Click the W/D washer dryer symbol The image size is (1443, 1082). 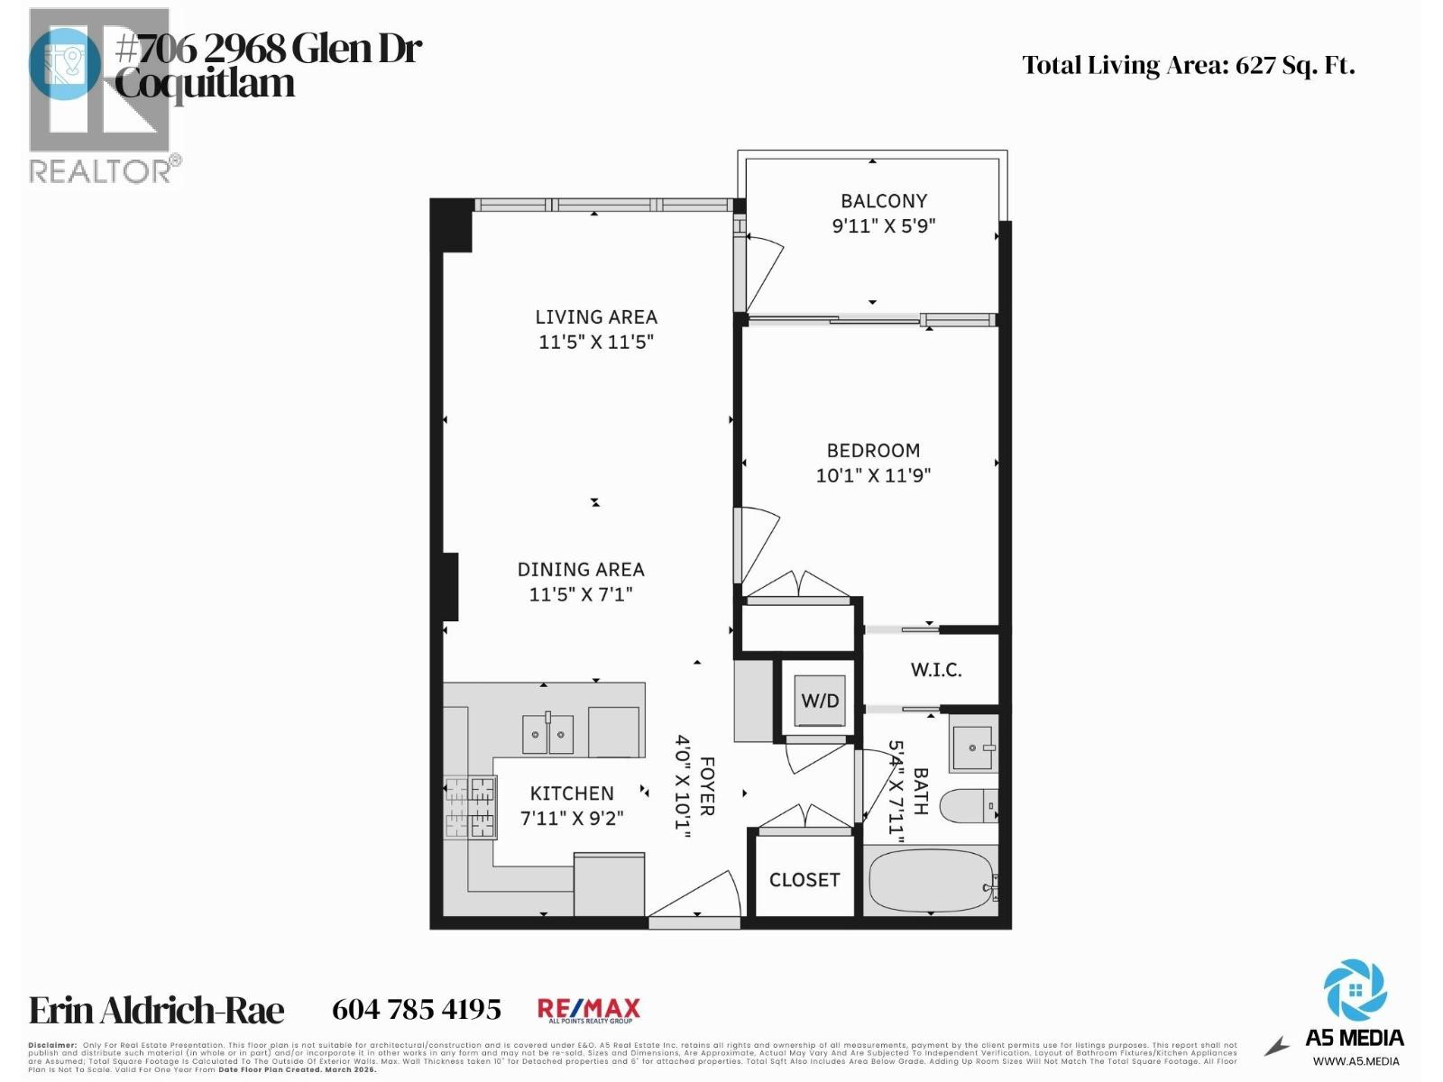click(x=820, y=701)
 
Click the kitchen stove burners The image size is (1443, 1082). click(x=470, y=807)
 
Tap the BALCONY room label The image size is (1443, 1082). click(x=884, y=201)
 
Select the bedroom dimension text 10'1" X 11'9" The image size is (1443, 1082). click(x=873, y=475)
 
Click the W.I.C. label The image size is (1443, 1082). click(x=936, y=670)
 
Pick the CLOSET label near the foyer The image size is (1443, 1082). click(x=804, y=880)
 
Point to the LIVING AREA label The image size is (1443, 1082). click(x=596, y=317)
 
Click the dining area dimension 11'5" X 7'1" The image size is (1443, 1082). click(x=581, y=594)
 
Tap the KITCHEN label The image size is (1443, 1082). click(x=572, y=793)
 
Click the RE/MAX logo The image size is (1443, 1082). click(x=589, y=1010)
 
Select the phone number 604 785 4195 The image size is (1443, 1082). click(x=417, y=1010)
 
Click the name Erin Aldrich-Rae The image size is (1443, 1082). click(x=157, y=1011)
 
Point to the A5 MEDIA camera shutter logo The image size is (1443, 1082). click(x=1355, y=991)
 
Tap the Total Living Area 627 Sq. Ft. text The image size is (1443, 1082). click(x=1188, y=66)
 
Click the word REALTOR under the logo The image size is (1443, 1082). click(x=100, y=171)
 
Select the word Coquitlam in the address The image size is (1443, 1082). click(x=205, y=84)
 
